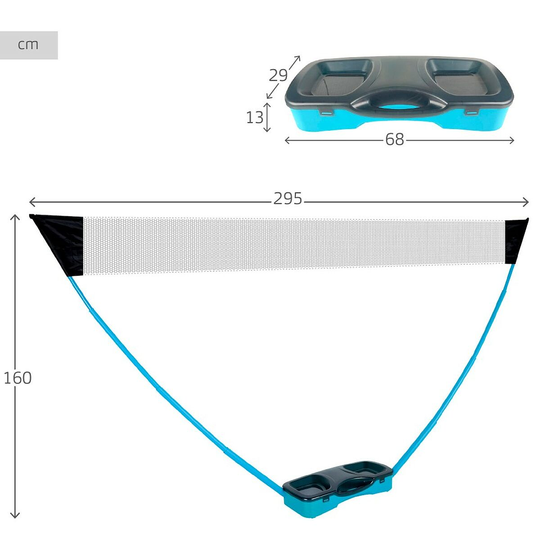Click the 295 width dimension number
click(x=288, y=199)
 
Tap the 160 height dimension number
click(x=18, y=378)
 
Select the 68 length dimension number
click(x=395, y=140)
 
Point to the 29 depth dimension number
click(x=278, y=75)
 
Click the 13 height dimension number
click(x=255, y=118)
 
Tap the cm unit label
click(x=28, y=45)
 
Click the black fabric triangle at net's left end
click(x=62, y=243)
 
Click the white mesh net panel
click(x=294, y=245)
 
